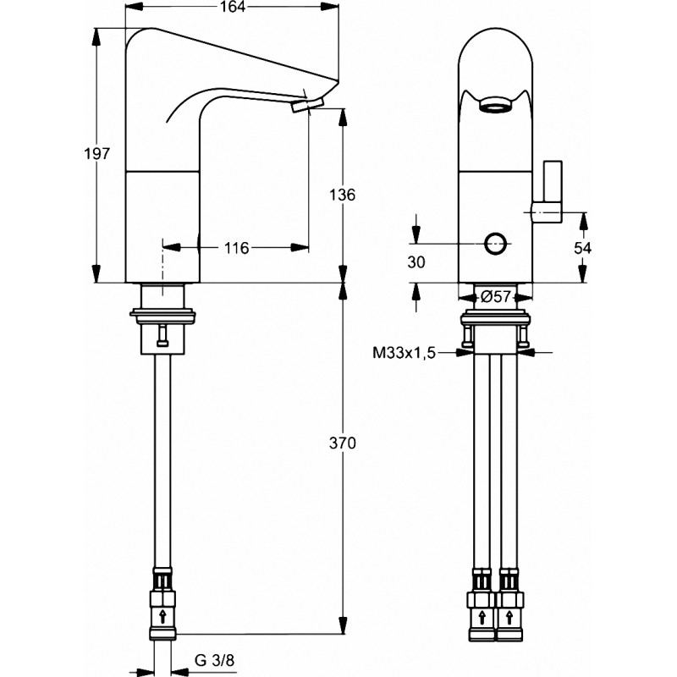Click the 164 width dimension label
click(232, 7)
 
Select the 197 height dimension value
click(97, 154)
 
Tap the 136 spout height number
click(343, 195)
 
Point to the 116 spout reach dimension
click(237, 248)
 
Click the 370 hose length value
click(343, 443)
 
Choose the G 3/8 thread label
click(215, 660)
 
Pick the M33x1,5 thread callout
click(405, 353)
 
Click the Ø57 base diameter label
click(496, 297)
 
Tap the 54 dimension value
click(582, 248)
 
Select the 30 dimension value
click(416, 262)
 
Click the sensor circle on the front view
click(495, 244)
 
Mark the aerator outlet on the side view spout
click(308, 105)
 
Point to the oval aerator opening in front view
click(495, 104)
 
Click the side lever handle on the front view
click(548, 192)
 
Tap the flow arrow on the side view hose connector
click(162, 616)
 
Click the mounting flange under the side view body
click(162, 316)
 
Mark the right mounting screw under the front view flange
click(523, 337)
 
